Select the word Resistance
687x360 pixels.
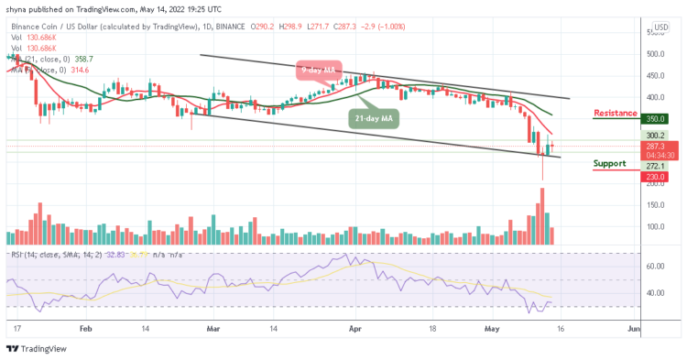click(x=616, y=113)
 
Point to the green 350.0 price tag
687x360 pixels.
click(x=654, y=118)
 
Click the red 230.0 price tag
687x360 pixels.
click(x=654, y=177)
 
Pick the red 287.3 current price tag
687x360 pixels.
click(x=654, y=146)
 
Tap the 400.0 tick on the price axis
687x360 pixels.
click(x=654, y=97)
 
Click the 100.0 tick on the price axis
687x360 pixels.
click(x=654, y=226)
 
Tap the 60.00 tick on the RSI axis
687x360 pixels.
click(x=654, y=267)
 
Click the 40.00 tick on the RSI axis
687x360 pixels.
click(x=654, y=293)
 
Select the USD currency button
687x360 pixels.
click(x=659, y=27)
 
